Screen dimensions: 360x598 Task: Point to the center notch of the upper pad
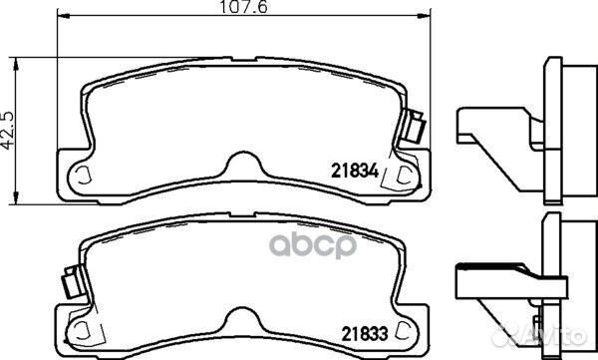237,160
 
